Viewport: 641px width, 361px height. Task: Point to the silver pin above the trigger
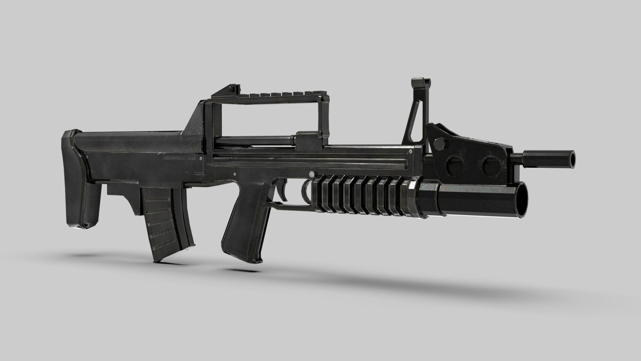[x=311, y=174]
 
